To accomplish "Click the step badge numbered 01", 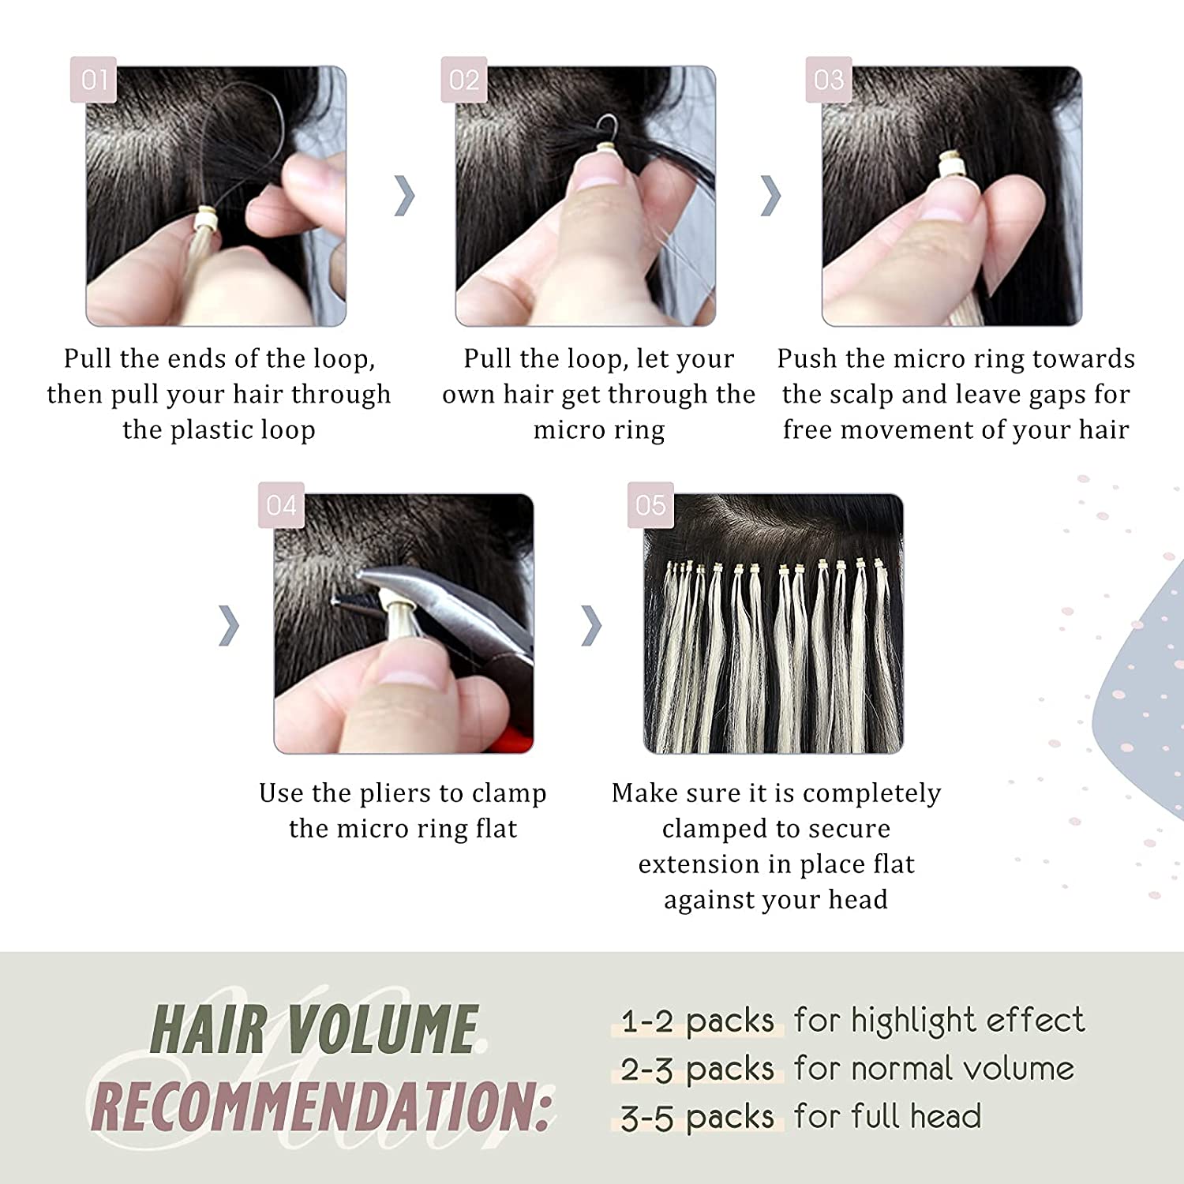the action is click(x=93, y=80).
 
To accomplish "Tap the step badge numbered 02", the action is click(x=463, y=80).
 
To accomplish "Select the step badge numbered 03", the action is click(x=828, y=80).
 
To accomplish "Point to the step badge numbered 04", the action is click(x=281, y=505).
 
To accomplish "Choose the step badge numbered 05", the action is click(x=650, y=505).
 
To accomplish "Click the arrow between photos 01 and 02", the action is click(x=404, y=196).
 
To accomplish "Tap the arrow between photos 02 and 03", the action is click(x=770, y=196).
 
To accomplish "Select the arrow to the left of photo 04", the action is click(x=229, y=625).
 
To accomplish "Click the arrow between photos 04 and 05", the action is click(x=591, y=625).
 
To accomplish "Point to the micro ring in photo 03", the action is click(x=948, y=168).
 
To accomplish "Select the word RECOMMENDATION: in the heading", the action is click(x=320, y=1106).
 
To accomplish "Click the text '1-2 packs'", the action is click(x=697, y=1021).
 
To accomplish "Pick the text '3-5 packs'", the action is click(x=697, y=1118).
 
